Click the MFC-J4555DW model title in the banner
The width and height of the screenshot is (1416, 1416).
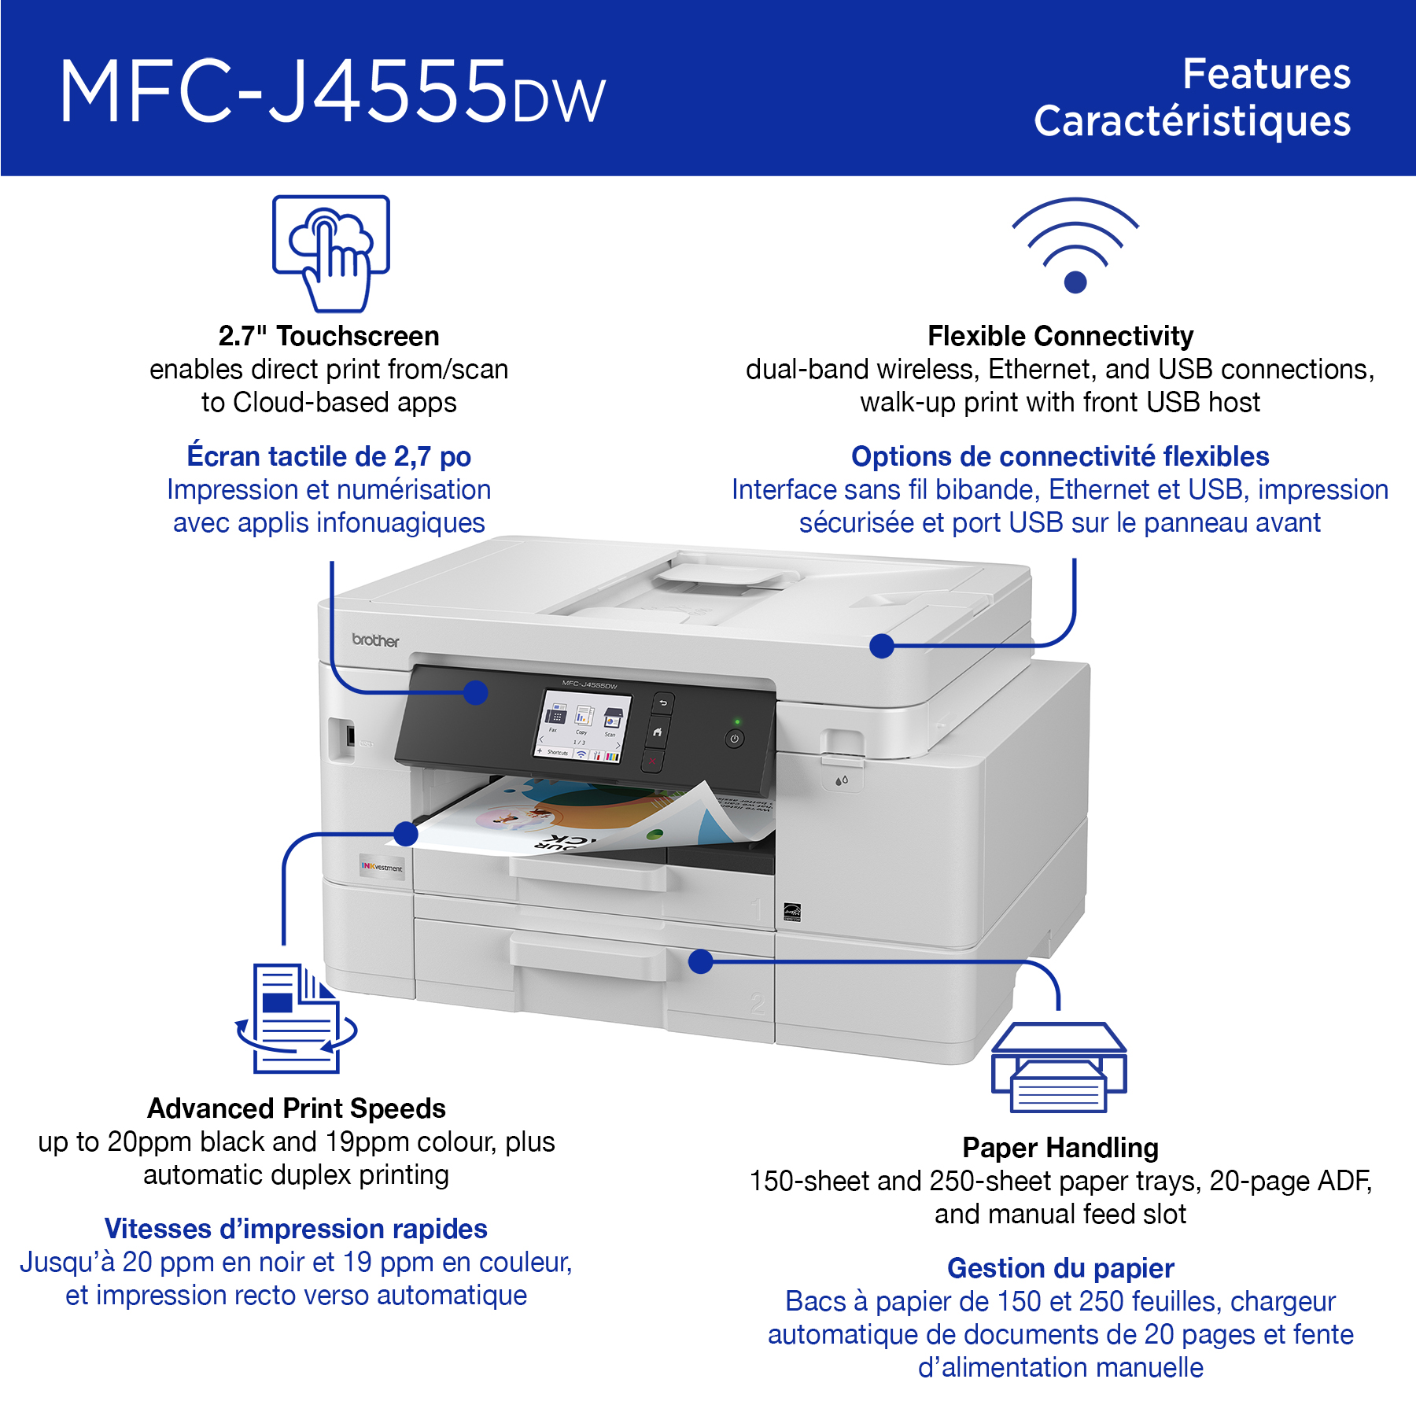tap(332, 92)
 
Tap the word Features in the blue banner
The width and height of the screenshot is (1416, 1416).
tap(1267, 74)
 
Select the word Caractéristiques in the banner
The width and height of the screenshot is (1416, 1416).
tap(1192, 121)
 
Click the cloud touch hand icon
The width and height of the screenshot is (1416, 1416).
tap(331, 253)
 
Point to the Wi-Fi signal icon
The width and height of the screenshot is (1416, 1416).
tap(1075, 245)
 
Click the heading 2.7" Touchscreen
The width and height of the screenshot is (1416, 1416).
tap(329, 336)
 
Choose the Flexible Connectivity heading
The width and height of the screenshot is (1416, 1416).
tap(1060, 336)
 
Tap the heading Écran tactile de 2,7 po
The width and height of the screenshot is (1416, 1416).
tap(329, 456)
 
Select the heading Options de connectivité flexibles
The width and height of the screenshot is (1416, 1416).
tap(1060, 456)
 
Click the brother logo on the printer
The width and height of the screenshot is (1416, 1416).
tap(375, 640)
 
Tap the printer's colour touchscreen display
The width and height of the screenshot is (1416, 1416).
tap(583, 725)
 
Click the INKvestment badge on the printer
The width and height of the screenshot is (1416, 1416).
tap(382, 867)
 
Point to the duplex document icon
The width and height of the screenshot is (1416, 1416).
tap(297, 1018)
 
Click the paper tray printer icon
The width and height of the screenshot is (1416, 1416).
tap(1059, 1067)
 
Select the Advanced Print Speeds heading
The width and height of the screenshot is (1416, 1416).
tap(297, 1108)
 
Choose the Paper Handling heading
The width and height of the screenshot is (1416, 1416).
tap(1060, 1148)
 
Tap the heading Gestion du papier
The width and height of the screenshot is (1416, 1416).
tap(1060, 1268)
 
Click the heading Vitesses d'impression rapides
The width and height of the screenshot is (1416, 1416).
tap(296, 1229)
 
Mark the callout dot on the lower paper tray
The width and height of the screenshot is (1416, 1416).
tap(700, 961)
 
